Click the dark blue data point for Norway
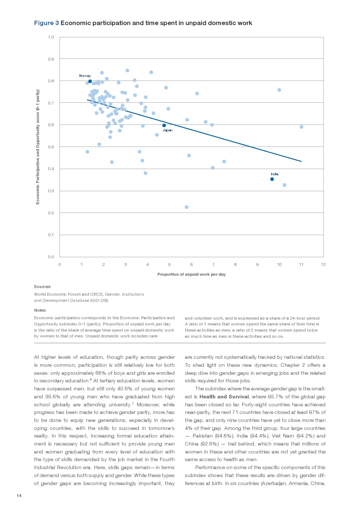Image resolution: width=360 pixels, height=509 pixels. point(90,81)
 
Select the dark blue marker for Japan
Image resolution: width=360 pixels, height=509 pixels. point(164,126)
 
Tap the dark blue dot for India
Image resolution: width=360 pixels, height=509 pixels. point(272,179)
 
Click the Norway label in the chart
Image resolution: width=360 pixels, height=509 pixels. point(85,76)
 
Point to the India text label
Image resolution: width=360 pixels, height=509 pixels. point(275,174)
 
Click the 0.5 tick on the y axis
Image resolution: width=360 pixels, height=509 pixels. point(51,147)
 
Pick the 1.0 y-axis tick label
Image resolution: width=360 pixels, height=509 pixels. point(51,37)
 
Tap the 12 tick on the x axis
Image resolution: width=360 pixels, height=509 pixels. point(323,264)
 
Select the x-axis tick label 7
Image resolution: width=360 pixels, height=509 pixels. point(213,264)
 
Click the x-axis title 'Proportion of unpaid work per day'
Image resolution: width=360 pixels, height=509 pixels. point(191,274)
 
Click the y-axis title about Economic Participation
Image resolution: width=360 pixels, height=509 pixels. point(38,147)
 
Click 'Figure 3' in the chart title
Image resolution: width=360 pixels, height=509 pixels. point(46,23)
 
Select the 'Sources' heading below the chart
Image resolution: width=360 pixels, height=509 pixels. point(42,287)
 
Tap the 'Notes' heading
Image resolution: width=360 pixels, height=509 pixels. point(40,310)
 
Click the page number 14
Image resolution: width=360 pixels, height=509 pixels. point(19,496)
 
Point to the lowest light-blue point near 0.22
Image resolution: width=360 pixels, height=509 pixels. point(187,207)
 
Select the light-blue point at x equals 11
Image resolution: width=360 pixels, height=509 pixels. point(301,127)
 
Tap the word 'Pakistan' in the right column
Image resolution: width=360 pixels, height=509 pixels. point(202,436)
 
